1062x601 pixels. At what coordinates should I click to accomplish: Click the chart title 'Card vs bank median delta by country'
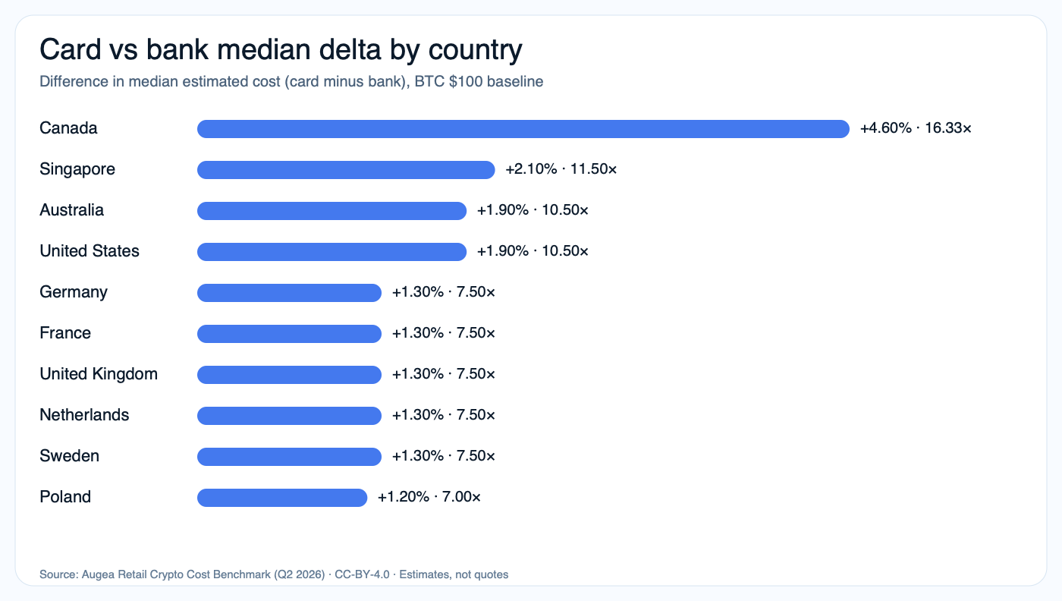pos(281,50)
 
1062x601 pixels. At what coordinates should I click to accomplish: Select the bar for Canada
pos(523,129)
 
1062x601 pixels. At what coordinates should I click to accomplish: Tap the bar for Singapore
pos(346,170)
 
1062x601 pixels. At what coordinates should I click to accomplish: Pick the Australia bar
pos(331,211)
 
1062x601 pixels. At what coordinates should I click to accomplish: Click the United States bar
pos(331,252)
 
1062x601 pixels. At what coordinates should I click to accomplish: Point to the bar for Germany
pos(289,293)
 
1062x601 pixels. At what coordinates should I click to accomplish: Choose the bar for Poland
pos(282,498)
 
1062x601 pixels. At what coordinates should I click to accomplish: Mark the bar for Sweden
pos(289,457)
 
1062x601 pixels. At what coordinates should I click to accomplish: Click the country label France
pos(65,333)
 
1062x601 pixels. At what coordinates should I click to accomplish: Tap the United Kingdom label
pos(99,374)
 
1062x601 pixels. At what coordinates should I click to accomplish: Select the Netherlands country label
pos(84,415)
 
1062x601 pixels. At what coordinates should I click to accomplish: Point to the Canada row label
pos(68,128)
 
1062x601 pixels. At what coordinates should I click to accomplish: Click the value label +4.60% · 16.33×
pos(916,129)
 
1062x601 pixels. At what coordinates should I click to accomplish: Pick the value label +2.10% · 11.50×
pos(561,170)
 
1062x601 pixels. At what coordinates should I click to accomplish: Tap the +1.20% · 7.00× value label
pos(429,498)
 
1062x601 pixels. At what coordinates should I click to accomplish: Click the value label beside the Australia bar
pos(533,211)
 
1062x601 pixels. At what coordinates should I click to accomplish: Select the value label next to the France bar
pos(444,334)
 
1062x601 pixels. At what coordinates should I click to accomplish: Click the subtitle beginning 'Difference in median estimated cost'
pos(291,81)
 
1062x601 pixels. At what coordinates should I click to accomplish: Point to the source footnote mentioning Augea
pos(274,574)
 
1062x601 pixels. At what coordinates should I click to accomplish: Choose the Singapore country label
pos(77,169)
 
